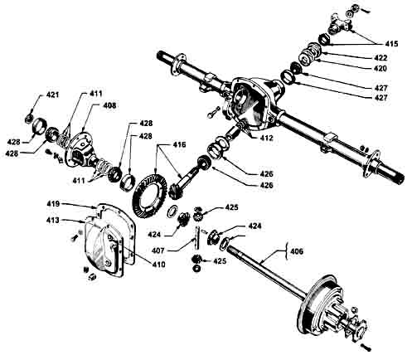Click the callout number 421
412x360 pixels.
tap(52, 95)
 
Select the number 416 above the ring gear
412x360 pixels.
tap(180, 144)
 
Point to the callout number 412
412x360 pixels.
tap(265, 138)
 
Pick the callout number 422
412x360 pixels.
tap(380, 58)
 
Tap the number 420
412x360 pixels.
tap(380, 68)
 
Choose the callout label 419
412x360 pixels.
tap(53, 204)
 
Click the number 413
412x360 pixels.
tap(53, 220)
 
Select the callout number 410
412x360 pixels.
tap(158, 265)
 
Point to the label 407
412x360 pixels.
tap(158, 251)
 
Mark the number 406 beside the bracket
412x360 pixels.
tap(296, 251)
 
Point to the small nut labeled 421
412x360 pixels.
tap(29, 119)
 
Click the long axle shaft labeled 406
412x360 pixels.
tap(265, 267)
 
